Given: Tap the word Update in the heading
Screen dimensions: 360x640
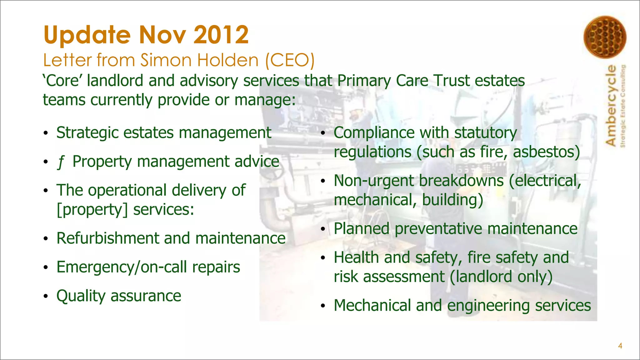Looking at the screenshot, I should click(x=87, y=35).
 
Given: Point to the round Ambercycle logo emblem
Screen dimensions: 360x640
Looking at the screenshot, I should click(x=605, y=37).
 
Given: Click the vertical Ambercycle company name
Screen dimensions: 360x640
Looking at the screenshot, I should click(x=611, y=105).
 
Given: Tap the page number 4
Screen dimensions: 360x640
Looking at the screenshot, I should click(x=620, y=346).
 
